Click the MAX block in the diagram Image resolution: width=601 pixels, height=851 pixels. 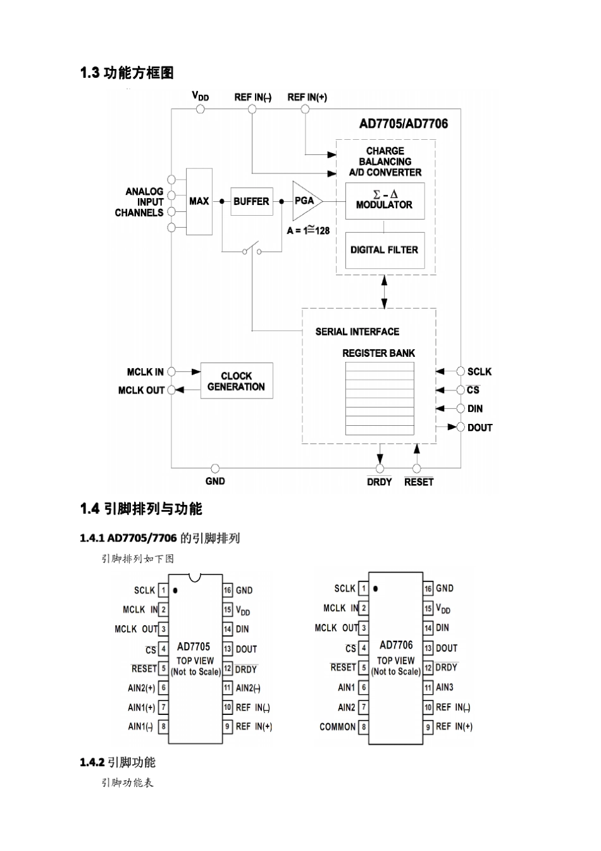point(199,201)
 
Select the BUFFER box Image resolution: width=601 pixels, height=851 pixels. point(251,201)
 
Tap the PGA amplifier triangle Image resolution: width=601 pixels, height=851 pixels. point(306,201)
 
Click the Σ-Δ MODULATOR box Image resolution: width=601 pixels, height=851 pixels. point(384,200)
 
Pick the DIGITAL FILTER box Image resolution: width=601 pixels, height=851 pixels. point(384,250)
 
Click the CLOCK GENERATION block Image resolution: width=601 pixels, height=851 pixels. point(236,381)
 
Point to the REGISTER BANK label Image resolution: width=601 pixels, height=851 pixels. point(378,353)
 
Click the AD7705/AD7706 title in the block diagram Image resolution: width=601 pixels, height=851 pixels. point(404,124)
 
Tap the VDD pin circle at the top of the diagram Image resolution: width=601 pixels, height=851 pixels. point(201,109)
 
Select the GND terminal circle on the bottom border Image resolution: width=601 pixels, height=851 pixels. point(215,469)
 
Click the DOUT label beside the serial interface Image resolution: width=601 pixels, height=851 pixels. point(480,428)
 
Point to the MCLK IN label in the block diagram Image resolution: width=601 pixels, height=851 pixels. point(145,372)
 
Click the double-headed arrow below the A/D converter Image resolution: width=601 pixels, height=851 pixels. point(384,292)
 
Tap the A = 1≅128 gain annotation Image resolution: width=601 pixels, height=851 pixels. point(308,230)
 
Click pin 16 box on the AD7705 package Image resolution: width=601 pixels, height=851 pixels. point(228,590)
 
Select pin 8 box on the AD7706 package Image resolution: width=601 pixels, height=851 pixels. point(364,727)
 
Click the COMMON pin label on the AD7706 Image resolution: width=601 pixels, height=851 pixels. point(338,727)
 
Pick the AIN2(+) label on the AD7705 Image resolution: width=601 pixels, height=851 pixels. point(141,688)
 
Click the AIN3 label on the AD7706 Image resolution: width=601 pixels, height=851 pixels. point(445,687)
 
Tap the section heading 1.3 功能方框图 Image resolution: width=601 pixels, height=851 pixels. point(127,73)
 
